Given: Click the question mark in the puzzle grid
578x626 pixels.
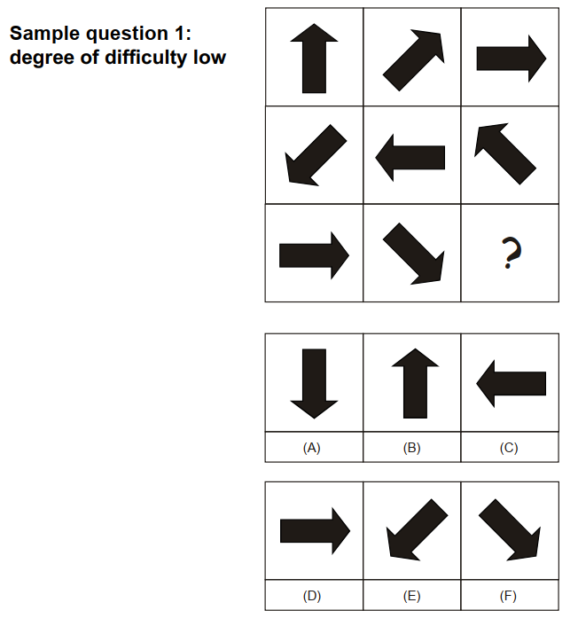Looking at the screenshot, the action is [512, 253].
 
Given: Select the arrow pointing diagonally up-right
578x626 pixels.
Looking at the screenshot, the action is [413, 60].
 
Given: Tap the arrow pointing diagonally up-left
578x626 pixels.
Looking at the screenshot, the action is [505, 153].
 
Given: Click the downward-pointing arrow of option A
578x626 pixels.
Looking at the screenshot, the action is [314, 384].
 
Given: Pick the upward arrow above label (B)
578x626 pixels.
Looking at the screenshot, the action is [415, 383].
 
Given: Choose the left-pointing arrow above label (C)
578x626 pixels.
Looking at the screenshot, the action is [511, 384].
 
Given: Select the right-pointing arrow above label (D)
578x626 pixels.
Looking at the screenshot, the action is [316, 531].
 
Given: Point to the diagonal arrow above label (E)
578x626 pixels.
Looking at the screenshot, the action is [418, 529].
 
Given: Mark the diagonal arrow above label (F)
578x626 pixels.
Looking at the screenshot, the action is [510, 529].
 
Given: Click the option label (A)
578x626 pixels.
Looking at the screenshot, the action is [312, 448].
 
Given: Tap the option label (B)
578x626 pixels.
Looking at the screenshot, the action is [412, 448].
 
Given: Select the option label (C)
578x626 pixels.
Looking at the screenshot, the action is [509, 448].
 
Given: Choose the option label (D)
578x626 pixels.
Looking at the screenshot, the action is [312, 596].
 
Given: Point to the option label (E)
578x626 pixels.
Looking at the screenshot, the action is [412, 596].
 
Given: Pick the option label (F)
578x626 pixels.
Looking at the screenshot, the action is [508, 596].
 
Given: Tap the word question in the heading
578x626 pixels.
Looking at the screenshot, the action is [127, 35].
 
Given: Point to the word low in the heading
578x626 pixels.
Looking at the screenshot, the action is [209, 57].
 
